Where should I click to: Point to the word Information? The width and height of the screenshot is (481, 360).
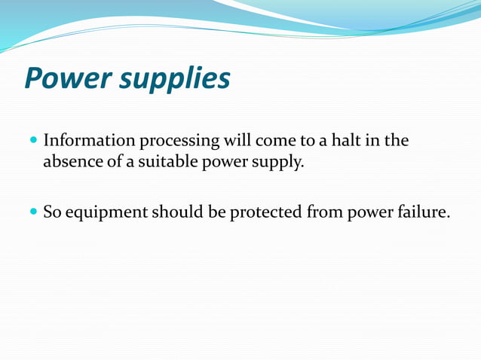87,141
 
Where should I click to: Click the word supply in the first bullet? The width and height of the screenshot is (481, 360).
279,162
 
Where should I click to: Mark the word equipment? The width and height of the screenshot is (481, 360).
106,213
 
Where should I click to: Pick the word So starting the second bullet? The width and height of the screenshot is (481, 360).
52,212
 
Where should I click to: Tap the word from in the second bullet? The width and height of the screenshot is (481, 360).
324,212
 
